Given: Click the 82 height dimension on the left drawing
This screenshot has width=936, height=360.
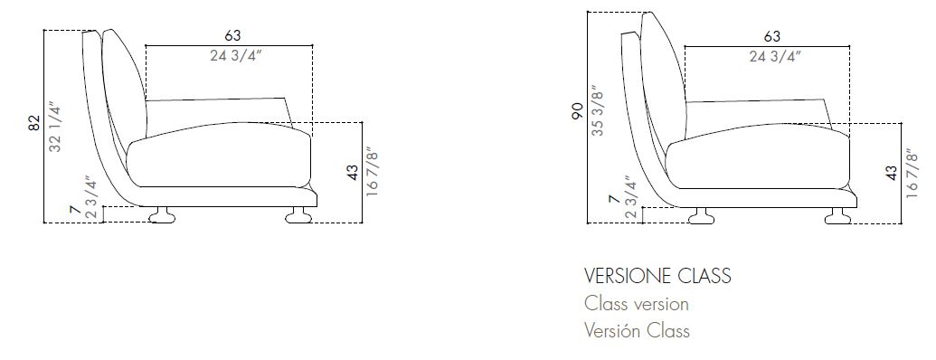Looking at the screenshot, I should (x=34, y=123).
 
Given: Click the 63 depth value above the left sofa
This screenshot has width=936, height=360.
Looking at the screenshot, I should (x=232, y=35).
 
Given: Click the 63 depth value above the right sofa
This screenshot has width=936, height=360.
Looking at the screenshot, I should (x=771, y=36).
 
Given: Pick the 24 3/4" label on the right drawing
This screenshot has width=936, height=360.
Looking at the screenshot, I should (x=771, y=56).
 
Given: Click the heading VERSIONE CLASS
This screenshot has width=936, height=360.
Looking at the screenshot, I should (x=657, y=275).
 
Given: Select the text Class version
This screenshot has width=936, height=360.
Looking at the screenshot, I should (x=637, y=304).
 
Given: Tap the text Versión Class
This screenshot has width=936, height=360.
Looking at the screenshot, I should (x=637, y=331).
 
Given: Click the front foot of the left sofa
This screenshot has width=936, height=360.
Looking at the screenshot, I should (x=298, y=215).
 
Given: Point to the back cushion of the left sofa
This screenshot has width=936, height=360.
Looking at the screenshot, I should (x=126, y=86).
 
